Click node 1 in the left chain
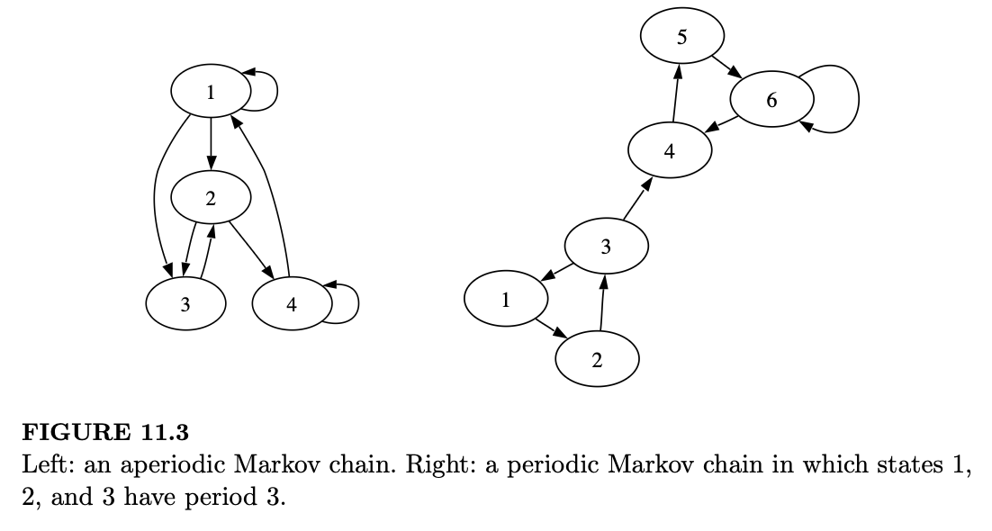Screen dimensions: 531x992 pyautogui.click(x=211, y=91)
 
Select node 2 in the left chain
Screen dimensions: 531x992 pyautogui.click(x=211, y=198)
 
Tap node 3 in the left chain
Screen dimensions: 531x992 pyautogui.click(x=185, y=304)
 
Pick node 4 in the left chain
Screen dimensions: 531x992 pyautogui.click(x=292, y=304)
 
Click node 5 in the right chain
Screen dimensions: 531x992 pyautogui.click(x=682, y=37)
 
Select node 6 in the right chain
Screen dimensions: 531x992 pyautogui.click(x=771, y=100)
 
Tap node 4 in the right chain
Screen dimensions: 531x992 pyautogui.click(x=670, y=151)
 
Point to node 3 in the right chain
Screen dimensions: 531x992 pyautogui.click(x=606, y=247)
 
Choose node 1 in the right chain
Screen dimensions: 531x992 pyautogui.click(x=506, y=300)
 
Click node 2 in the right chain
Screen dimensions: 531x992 pyautogui.click(x=597, y=361)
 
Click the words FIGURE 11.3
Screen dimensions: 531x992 pyautogui.click(x=105, y=433)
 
